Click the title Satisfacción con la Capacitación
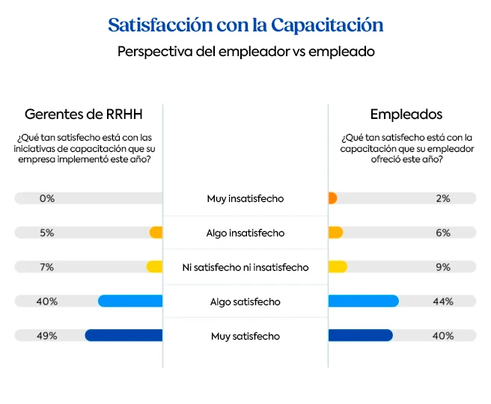[246, 25]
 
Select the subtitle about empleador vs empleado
[246, 52]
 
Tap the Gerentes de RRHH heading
[83, 114]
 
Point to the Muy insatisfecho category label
[246, 199]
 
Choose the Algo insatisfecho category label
[246, 233]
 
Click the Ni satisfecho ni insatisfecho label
[246, 267]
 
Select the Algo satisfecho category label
[246, 302]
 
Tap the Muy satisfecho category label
[246, 336]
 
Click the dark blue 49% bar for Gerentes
[124, 336]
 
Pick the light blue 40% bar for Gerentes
[130, 302]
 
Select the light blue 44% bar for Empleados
[363, 302]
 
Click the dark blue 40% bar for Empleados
[360, 336]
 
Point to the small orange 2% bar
[332, 199]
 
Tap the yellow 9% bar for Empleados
[338, 267]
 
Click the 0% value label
[47, 199]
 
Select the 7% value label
[47, 267]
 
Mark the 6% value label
[443, 233]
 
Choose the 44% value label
[443, 302]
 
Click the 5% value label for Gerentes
[47, 233]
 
